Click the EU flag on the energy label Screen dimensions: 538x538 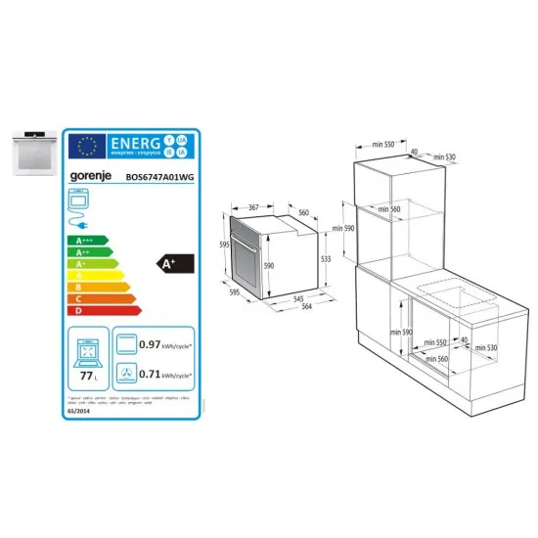(x=85, y=146)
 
